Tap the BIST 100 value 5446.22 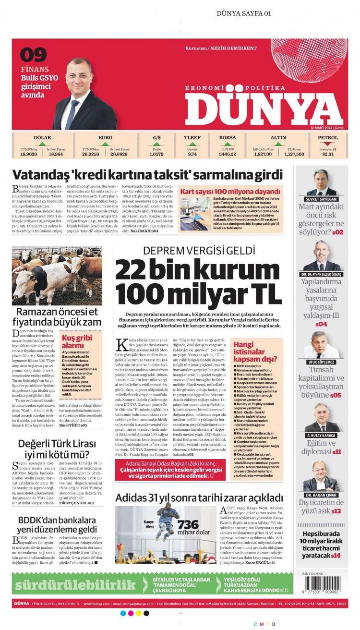click(x=227, y=154)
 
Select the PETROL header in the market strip click(x=327, y=138)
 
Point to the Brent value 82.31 click(x=327, y=154)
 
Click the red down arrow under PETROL click(x=327, y=144)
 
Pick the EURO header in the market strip click(x=105, y=138)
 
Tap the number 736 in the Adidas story click(x=188, y=525)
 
